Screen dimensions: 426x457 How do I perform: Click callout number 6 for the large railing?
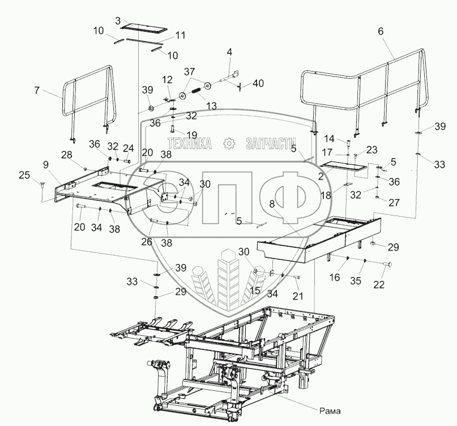click(380, 31)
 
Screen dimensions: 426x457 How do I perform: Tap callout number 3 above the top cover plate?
click(118, 20)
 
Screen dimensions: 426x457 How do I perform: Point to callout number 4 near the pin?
click(229, 52)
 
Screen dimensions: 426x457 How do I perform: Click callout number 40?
click(258, 83)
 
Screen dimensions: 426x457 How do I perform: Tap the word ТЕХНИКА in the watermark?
click(189, 144)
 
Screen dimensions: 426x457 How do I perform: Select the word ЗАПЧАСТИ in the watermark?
click(271, 144)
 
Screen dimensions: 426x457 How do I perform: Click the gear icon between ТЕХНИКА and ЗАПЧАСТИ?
click(229, 144)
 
